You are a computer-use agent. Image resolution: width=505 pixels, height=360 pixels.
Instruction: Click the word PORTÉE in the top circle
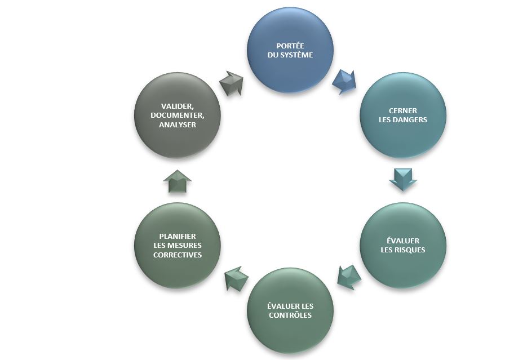[x=290, y=46]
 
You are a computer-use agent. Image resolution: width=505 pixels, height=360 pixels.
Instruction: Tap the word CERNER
[x=403, y=110]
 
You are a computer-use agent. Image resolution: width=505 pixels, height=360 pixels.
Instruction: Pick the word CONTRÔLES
[x=290, y=315]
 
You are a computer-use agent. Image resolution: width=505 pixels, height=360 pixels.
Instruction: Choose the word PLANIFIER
[x=178, y=237]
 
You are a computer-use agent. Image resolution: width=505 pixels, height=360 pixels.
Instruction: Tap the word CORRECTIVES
[x=178, y=255]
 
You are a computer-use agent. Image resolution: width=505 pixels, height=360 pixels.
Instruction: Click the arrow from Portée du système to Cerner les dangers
[x=344, y=82]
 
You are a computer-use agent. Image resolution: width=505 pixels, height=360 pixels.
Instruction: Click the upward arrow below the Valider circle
[x=178, y=182]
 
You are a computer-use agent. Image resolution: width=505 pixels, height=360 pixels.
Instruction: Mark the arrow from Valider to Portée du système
[x=231, y=83]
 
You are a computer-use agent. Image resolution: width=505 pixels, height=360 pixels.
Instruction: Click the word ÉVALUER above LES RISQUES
[x=403, y=241]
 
